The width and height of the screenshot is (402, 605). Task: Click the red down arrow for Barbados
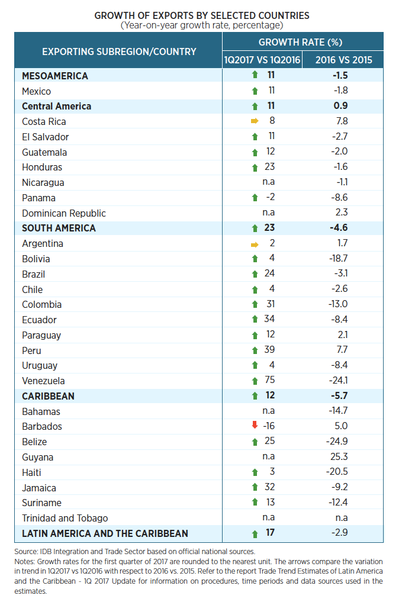pos(255,426)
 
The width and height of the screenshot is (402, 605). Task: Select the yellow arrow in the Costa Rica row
pos(255,121)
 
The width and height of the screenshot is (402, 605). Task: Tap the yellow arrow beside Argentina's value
pos(255,243)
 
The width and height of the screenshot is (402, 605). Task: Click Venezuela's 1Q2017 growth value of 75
pos(271,381)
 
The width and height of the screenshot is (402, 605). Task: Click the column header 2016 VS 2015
pos(343,60)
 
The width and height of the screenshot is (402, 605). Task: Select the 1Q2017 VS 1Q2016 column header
pos(262,60)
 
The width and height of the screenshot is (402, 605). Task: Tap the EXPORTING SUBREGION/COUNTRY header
pos(119,52)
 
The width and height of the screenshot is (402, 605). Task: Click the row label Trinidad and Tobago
pos(65,518)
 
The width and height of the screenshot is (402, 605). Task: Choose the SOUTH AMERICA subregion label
pos(59,228)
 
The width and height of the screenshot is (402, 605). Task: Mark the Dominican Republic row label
pos(64,213)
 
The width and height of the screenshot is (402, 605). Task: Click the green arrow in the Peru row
pos(255,350)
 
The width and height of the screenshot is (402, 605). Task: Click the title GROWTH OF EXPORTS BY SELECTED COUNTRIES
pos(202,15)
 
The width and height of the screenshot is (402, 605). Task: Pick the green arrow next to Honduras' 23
pos(255,168)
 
